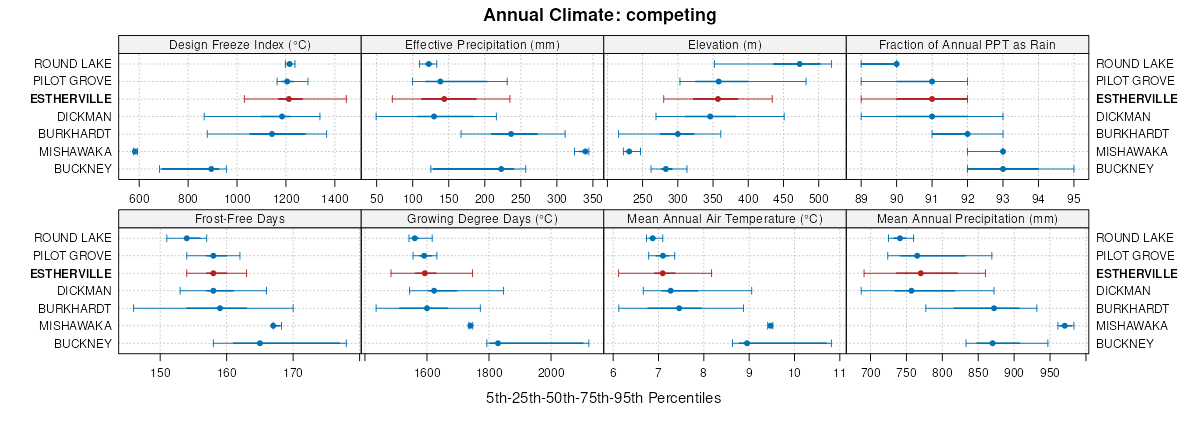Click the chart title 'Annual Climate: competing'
point(600,15)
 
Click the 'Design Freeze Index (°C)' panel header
point(239,44)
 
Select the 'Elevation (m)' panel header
point(725,44)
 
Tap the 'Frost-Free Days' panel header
point(239,218)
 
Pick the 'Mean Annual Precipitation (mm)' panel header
point(967,218)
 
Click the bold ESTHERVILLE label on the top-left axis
point(71,99)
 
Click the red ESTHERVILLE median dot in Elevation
point(718,99)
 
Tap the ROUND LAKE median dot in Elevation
point(799,64)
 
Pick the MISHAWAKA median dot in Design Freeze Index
point(135,151)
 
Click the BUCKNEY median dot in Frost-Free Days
point(260,343)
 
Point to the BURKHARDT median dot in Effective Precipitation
point(511,134)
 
